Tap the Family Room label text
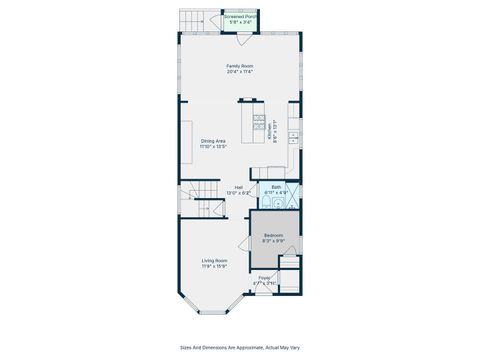pos(239,66)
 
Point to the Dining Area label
pos(214,141)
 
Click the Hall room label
pos(239,186)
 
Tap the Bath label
pos(276,186)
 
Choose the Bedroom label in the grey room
pos(273,235)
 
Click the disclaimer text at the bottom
pos(239,348)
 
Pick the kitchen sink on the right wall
pos(293,135)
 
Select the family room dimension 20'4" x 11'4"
pos(239,72)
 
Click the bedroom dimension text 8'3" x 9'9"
pos(273,241)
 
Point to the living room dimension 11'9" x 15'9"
pos(215,266)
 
